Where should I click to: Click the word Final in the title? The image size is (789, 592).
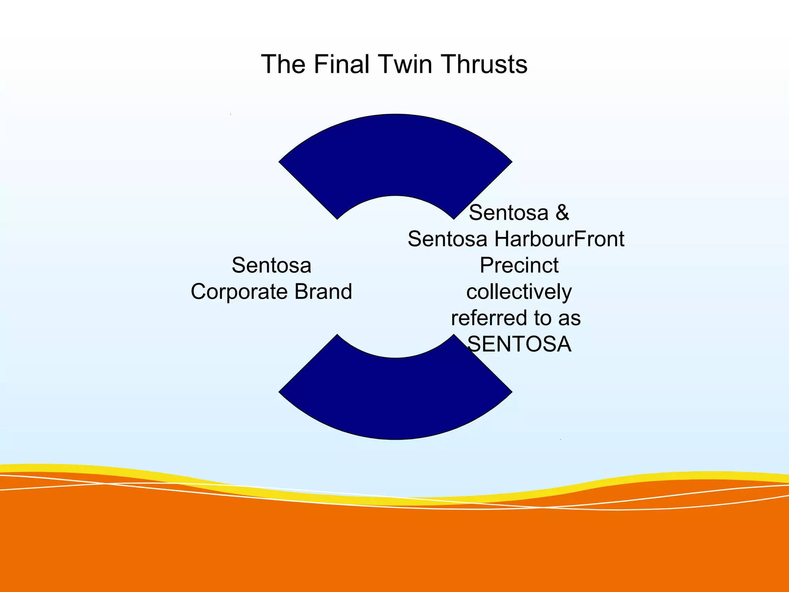click(x=341, y=64)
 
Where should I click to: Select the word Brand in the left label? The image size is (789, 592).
click(x=323, y=292)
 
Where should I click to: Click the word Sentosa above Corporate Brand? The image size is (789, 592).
click(x=271, y=266)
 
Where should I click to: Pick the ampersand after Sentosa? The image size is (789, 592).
click(x=562, y=213)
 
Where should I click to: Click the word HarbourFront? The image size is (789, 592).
click(x=559, y=239)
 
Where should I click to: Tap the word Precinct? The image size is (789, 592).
click(x=519, y=266)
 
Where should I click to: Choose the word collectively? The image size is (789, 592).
click(x=519, y=292)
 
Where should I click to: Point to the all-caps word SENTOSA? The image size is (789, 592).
click(x=519, y=344)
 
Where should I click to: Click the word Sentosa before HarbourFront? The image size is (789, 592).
click(x=448, y=239)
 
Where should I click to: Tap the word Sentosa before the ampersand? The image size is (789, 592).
click(x=508, y=213)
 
